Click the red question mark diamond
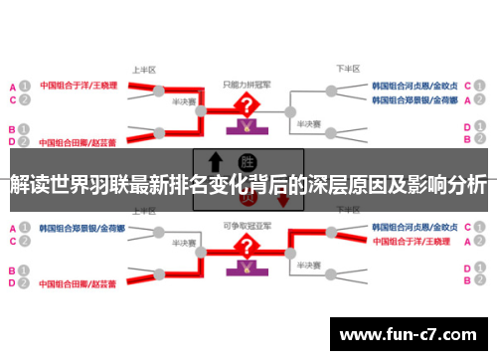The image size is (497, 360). point(242,104)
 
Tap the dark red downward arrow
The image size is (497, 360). point(283,199)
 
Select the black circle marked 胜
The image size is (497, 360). point(246,161)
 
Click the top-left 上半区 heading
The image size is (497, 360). point(143,71)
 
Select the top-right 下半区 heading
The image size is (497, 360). point(347,71)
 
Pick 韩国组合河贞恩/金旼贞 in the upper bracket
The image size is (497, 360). point(414,86)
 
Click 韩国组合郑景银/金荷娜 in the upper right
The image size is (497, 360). point(414,100)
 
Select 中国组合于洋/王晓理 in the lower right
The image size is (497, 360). point(415,242)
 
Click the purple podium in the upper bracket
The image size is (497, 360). point(242,128)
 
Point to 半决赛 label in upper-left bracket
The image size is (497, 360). point(182,100)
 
